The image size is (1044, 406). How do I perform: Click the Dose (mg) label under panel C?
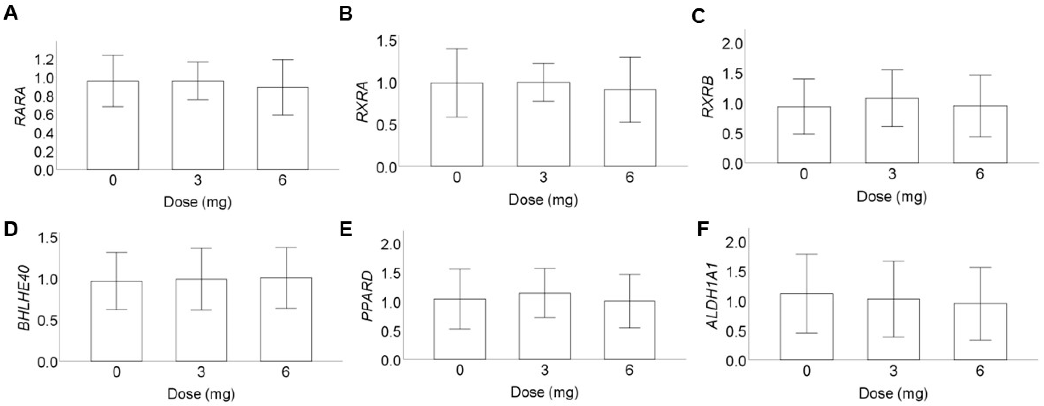click(x=892, y=197)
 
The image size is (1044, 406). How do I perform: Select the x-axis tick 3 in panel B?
click(x=543, y=177)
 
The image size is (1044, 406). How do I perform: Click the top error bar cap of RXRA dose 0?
click(x=457, y=49)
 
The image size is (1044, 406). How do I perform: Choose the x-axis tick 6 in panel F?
click(x=980, y=371)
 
